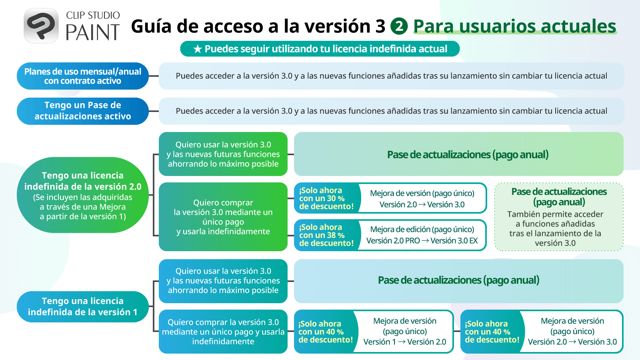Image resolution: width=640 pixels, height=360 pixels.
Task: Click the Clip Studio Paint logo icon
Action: pos(41,26)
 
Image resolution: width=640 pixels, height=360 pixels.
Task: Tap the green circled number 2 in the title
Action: pos(399,26)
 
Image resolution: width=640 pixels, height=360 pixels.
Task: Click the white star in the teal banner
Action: pos(198,49)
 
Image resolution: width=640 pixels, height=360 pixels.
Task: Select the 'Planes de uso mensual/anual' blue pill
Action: pos(82,76)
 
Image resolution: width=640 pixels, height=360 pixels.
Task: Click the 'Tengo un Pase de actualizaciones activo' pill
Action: pos(82,111)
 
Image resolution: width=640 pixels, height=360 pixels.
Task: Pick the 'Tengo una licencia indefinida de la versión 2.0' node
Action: pos(82,195)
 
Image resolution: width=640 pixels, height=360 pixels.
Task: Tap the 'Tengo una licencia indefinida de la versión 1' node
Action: pos(82,306)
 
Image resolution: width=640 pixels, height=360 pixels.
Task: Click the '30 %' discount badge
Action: pos(326,198)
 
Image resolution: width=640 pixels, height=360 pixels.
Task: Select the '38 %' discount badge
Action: pos(326,235)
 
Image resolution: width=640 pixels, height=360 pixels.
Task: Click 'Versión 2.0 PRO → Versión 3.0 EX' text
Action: pos(422,240)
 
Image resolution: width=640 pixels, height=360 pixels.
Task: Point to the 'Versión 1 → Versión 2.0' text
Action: pos(404,342)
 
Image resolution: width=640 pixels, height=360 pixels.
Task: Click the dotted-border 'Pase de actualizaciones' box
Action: pos(559,217)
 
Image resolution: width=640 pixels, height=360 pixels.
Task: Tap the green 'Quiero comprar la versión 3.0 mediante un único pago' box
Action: pos(223,217)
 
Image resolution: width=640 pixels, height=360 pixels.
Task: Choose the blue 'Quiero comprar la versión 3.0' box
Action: pos(223,332)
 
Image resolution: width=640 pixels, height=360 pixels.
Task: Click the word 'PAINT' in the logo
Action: pos(92,32)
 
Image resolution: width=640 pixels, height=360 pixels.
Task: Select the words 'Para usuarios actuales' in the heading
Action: pos(514,26)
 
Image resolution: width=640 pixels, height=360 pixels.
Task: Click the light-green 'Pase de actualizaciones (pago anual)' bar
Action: pos(458,154)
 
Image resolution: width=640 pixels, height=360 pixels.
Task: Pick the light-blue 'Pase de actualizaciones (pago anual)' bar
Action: pos(458,281)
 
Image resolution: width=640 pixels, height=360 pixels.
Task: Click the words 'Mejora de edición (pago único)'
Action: pos(422,230)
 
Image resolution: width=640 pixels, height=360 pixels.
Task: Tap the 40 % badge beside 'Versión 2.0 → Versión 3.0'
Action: pos(492,332)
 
